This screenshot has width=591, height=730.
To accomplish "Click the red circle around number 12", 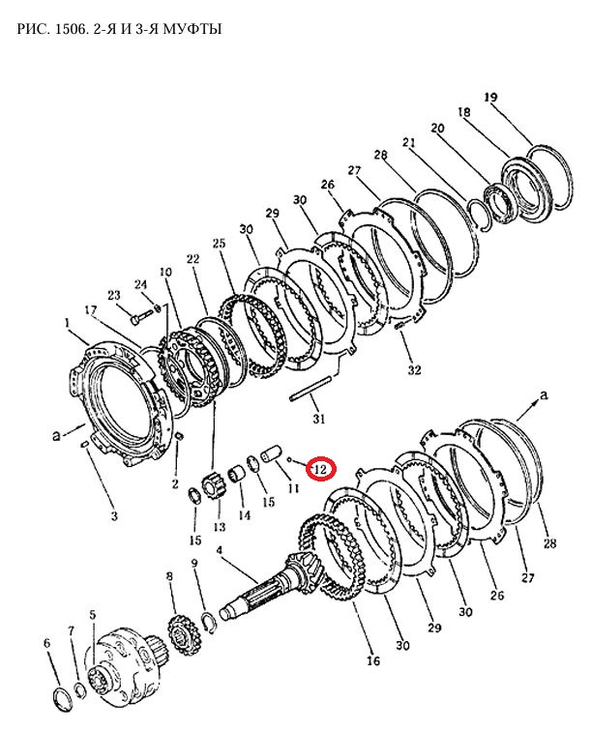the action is tap(320, 469).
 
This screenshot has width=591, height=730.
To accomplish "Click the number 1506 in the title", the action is tap(71, 29).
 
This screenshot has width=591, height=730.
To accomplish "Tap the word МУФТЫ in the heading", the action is tap(195, 29).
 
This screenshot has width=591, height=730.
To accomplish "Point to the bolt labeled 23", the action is tap(139, 319).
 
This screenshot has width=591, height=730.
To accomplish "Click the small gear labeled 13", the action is tap(213, 489).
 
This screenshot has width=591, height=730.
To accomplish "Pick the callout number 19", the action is tap(490, 98).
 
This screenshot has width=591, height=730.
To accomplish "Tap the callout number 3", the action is tap(114, 515).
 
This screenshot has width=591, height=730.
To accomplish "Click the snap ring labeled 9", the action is tap(210, 624).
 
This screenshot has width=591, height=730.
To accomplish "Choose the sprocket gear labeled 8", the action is tap(183, 633).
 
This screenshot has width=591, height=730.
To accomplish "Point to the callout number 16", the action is tap(373, 660).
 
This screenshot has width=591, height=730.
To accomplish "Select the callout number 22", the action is tap(192, 258).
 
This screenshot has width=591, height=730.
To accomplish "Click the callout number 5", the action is tap(93, 615).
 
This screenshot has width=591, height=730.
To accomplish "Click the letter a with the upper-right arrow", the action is tap(543, 395).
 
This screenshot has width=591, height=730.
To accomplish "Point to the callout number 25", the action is tap(219, 243).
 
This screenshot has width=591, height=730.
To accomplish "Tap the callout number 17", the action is tap(91, 310).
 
